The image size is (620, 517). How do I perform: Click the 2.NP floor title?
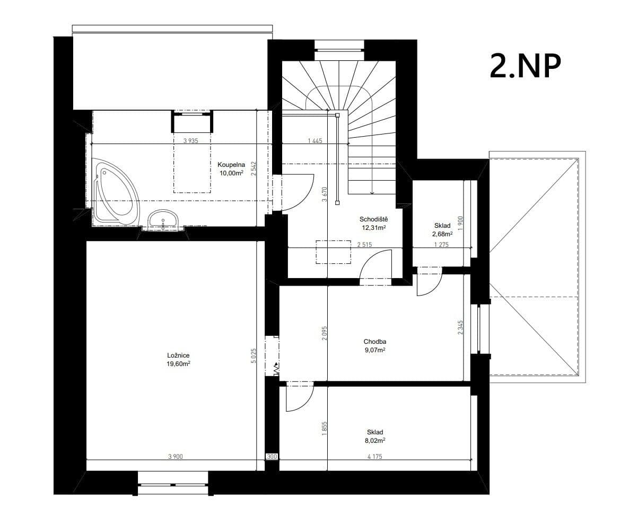click(x=525, y=66)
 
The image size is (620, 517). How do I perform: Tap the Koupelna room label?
click(x=231, y=164)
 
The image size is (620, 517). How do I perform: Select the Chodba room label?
click(x=374, y=341)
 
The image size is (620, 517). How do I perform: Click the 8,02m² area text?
click(x=375, y=440)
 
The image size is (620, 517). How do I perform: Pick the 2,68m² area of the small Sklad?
click(x=442, y=234)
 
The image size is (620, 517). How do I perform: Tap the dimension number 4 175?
click(x=374, y=457)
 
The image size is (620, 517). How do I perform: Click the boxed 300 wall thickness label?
click(x=272, y=457)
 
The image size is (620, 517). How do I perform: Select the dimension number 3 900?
click(x=176, y=457)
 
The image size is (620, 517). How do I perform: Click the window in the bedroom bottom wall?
click(x=173, y=483)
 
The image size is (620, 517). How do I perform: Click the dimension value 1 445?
click(x=315, y=141)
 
